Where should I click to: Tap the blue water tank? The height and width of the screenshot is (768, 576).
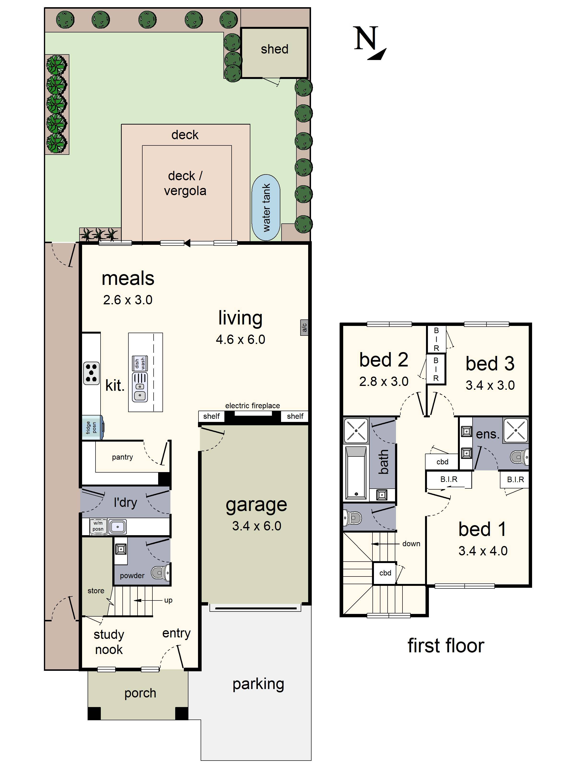(x=266, y=208)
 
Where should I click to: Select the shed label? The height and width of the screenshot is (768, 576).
(x=274, y=49)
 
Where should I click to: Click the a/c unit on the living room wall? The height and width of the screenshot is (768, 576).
(x=304, y=327)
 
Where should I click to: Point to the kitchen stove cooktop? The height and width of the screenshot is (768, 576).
(x=91, y=373)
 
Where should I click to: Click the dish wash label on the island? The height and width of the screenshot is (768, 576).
(x=140, y=363)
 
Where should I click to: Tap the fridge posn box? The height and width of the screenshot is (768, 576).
(x=92, y=428)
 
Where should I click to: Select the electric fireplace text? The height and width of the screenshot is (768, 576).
(x=252, y=406)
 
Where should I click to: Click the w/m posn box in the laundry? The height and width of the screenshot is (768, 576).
(x=98, y=526)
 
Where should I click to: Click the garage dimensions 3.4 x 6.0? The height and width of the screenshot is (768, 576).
(x=257, y=526)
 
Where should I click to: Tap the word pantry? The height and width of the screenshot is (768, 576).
(x=122, y=457)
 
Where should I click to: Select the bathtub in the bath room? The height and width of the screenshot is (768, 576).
(x=355, y=473)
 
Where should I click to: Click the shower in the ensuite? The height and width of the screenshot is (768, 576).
(x=516, y=430)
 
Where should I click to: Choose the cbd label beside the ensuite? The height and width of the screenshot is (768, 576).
(x=442, y=462)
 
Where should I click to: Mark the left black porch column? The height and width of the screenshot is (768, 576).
(x=94, y=713)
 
